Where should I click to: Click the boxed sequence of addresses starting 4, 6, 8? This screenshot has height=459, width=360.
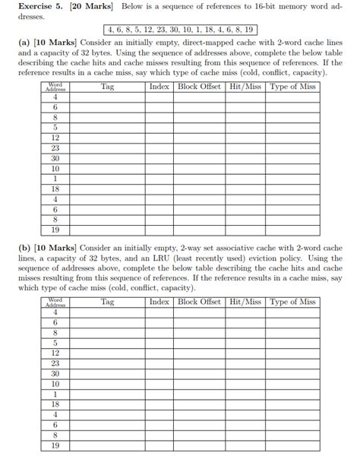click(x=180, y=30)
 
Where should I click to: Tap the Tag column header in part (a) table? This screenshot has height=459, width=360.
click(x=107, y=87)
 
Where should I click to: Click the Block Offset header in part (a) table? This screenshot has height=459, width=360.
click(x=199, y=87)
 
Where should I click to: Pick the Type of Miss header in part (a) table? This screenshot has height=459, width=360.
click(x=292, y=87)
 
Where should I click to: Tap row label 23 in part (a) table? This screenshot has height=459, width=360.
click(x=55, y=148)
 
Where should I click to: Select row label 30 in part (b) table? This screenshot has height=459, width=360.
click(x=55, y=374)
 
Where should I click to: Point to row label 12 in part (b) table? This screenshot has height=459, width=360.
click(x=55, y=353)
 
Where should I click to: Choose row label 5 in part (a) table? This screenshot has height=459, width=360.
click(x=55, y=128)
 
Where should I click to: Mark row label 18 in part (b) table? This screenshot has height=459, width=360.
click(x=55, y=405)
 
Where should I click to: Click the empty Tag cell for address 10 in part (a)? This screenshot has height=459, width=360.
click(x=107, y=168)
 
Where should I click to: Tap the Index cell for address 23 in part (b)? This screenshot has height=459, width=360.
click(x=159, y=363)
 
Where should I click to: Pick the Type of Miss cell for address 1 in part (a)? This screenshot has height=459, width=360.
click(x=292, y=178)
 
